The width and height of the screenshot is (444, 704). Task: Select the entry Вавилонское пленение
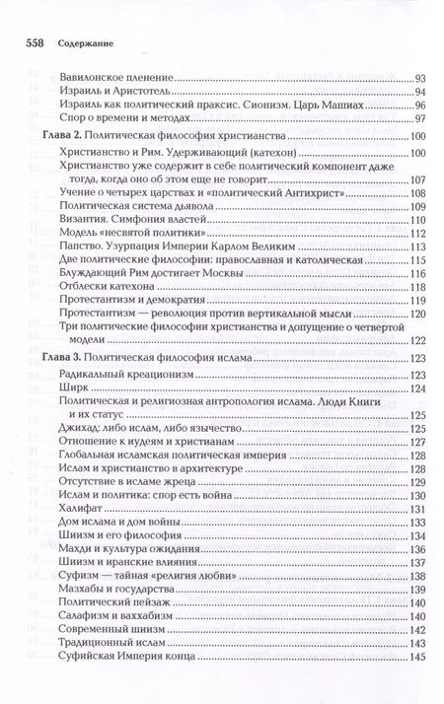(115, 76)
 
